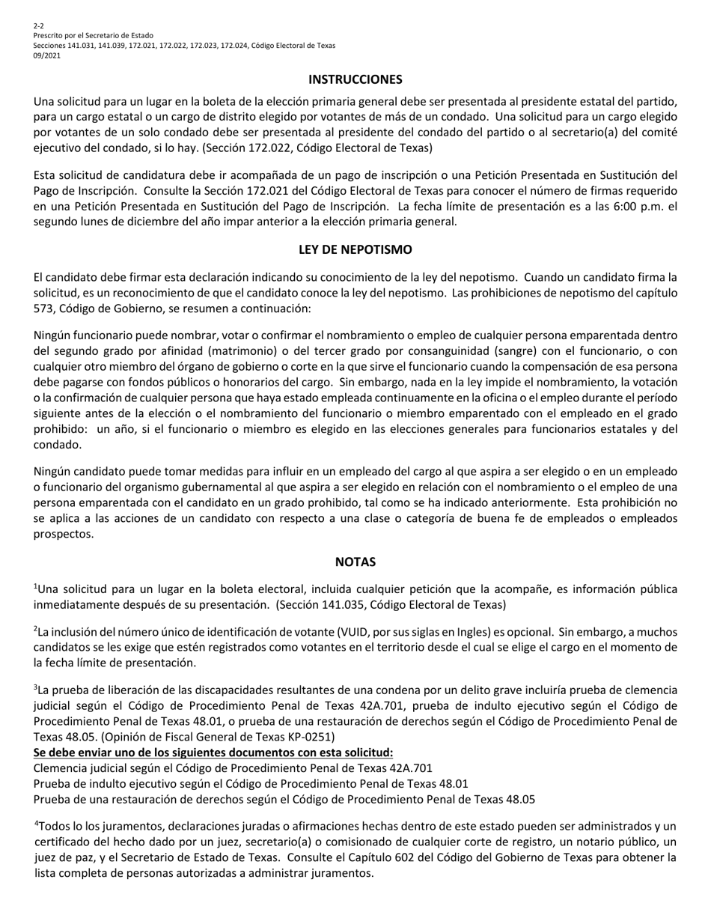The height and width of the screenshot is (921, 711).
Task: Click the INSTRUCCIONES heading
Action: click(355, 79)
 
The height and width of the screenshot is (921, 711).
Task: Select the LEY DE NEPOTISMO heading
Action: click(355, 249)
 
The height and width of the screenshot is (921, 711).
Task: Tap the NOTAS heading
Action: click(355, 562)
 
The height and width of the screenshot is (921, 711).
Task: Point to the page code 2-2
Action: click(38, 26)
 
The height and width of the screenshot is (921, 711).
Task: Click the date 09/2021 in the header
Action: click(47, 55)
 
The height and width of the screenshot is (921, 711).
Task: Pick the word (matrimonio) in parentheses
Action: click(245, 350)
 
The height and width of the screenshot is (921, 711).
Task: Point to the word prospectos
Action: click(64, 534)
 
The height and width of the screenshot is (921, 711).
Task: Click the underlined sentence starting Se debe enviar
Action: click(213, 753)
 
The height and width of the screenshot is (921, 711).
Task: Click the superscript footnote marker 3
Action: click(36, 687)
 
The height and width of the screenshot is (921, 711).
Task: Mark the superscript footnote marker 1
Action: click(36, 586)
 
